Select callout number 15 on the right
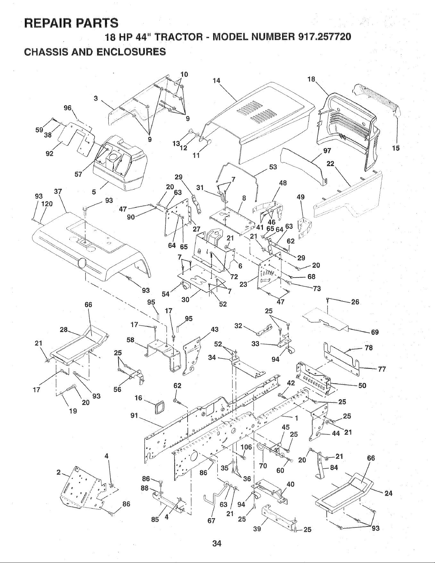tap(396, 148)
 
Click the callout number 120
tap(47, 203)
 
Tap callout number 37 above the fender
tap(58, 192)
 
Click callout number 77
tap(382, 369)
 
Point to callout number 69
tap(375, 332)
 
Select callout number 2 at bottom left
tap(59, 472)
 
